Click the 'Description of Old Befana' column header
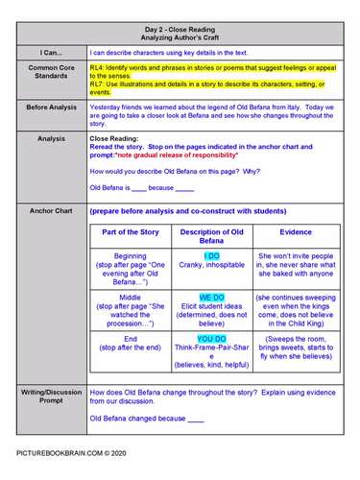[x=212, y=237]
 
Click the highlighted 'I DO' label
[x=212, y=257]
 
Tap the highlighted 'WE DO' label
[x=212, y=299]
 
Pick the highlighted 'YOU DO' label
[x=212, y=339]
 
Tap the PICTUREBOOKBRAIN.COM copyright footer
[x=73, y=450]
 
